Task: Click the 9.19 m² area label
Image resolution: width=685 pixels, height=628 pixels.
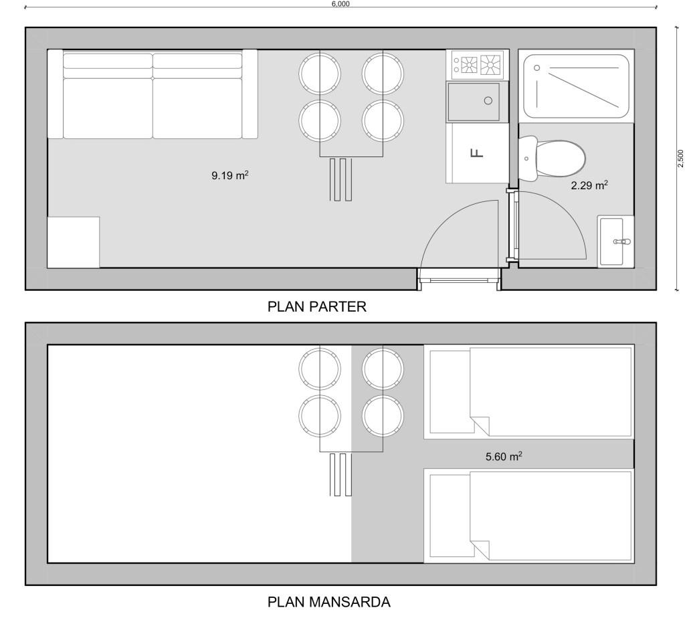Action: tap(230, 176)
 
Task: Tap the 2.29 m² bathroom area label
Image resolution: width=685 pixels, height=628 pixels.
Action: tap(589, 185)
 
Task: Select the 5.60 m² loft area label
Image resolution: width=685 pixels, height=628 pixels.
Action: tap(504, 456)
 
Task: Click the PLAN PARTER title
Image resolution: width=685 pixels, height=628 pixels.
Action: tap(316, 306)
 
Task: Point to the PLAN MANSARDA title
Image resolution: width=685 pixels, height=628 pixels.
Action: tap(328, 602)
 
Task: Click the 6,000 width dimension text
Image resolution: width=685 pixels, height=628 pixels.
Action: tap(340, 4)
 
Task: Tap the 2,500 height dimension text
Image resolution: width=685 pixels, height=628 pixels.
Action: tap(680, 159)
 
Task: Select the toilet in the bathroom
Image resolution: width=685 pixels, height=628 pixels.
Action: tap(552, 159)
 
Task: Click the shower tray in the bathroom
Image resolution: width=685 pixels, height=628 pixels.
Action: tap(576, 86)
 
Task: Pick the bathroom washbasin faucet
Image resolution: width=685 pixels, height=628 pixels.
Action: tap(622, 241)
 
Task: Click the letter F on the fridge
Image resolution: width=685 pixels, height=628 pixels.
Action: tap(477, 153)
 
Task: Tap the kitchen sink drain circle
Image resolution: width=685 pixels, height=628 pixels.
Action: tap(488, 100)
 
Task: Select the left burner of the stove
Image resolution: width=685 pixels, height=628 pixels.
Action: tap(469, 64)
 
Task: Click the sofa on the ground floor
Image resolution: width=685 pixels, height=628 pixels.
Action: tap(153, 94)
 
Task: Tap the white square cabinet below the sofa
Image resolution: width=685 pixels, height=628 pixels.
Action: tap(74, 242)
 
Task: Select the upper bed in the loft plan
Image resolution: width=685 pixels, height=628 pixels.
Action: tap(528, 392)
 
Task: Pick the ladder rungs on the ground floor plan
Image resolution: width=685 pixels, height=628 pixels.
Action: tap(340, 179)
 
